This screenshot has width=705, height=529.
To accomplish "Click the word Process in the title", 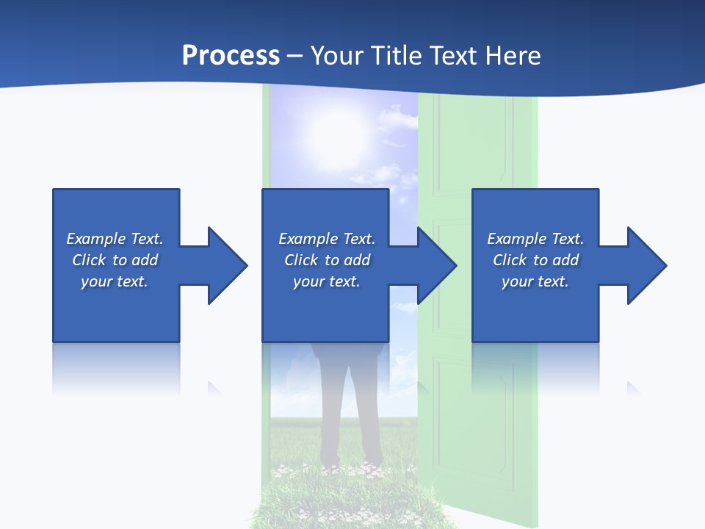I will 231,56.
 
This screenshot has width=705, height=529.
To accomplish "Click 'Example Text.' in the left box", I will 115,239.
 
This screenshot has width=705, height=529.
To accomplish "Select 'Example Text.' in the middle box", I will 326,239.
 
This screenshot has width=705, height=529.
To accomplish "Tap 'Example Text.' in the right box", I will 535,239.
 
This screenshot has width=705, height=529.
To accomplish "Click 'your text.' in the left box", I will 115,281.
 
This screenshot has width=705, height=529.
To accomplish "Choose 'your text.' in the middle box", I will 326,281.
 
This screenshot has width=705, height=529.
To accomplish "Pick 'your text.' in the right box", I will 535,281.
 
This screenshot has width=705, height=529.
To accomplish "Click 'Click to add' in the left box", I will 115,260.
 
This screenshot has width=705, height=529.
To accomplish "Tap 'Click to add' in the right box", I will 535,260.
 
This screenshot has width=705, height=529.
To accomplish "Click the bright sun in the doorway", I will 339,132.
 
